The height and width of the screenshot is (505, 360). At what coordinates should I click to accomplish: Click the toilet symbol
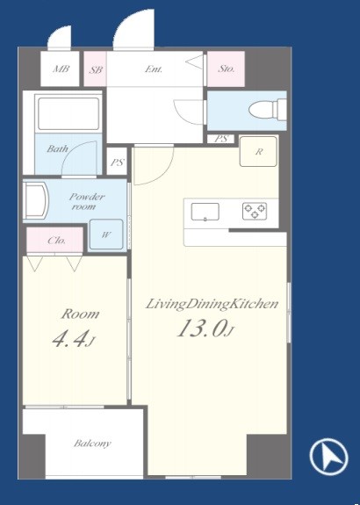(x=267, y=110)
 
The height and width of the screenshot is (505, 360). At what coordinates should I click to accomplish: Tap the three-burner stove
(x=255, y=212)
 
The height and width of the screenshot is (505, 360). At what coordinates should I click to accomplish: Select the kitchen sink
(x=205, y=212)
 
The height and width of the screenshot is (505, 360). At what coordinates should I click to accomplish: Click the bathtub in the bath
(x=68, y=113)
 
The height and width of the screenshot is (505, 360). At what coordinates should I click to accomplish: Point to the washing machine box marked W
(x=106, y=234)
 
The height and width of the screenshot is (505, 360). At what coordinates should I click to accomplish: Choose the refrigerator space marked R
(x=258, y=151)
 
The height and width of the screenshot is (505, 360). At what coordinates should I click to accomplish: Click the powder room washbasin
(x=36, y=201)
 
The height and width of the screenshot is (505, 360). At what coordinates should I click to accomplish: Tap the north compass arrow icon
(x=328, y=458)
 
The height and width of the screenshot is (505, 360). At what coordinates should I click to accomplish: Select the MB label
(x=61, y=69)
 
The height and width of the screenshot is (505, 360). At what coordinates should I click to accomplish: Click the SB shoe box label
(x=96, y=69)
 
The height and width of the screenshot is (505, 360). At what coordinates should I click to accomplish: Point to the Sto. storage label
(x=227, y=69)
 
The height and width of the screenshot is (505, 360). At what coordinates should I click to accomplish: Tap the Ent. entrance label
(x=154, y=69)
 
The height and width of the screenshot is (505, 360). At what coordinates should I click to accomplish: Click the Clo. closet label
(x=57, y=241)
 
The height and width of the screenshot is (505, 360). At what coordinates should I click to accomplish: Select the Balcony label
(x=92, y=444)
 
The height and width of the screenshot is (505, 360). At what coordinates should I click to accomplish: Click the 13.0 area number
(x=200, y=328)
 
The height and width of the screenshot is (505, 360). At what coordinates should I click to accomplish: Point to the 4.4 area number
(x=69, y=340)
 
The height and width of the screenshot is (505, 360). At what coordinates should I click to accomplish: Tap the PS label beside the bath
(x=117, y=162)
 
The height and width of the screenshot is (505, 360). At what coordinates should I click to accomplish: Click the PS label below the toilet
(x=221, y=139)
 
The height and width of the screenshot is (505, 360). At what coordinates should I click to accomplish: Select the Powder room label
(x=87, y=202)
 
